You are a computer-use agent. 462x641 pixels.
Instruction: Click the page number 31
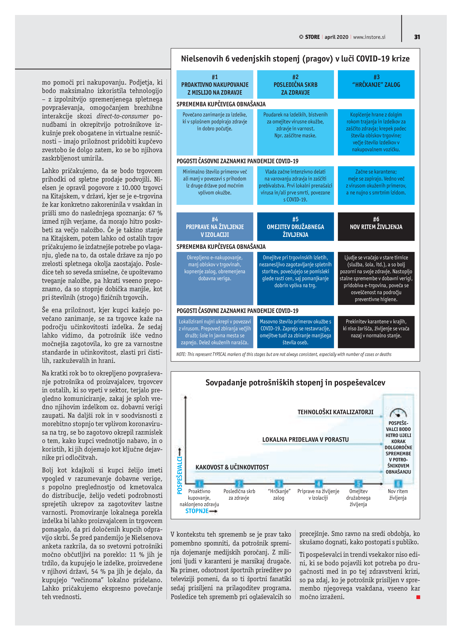417,37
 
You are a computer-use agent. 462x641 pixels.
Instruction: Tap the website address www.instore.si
369,37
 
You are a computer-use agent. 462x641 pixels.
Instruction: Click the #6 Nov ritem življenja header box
376,226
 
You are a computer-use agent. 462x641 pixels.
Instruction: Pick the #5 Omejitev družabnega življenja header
295,226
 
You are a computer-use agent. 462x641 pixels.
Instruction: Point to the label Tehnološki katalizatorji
335,412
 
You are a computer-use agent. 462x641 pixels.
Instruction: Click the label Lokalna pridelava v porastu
305,439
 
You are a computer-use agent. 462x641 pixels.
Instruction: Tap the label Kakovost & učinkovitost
232,467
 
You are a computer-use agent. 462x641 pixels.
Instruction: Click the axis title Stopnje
197,511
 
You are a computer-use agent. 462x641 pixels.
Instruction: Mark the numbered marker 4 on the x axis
318,483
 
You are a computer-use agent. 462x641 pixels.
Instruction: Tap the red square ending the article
418,597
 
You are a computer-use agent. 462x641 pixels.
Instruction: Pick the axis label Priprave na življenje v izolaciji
318,494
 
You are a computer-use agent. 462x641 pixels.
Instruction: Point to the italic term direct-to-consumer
122,116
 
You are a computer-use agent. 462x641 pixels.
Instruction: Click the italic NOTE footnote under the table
284,354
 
